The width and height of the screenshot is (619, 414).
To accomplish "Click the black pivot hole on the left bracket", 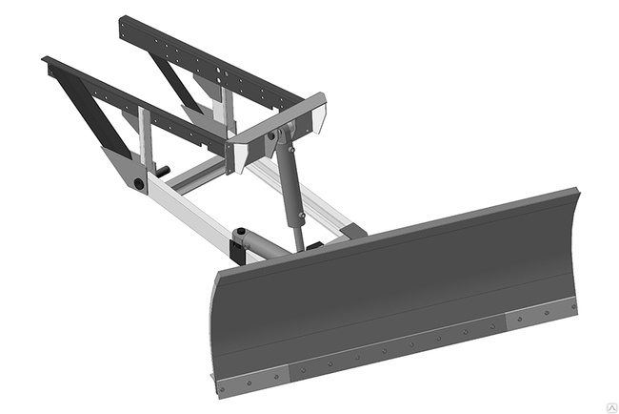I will click(139, 182).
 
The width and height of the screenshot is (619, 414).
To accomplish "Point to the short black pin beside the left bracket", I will click(162, 172).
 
